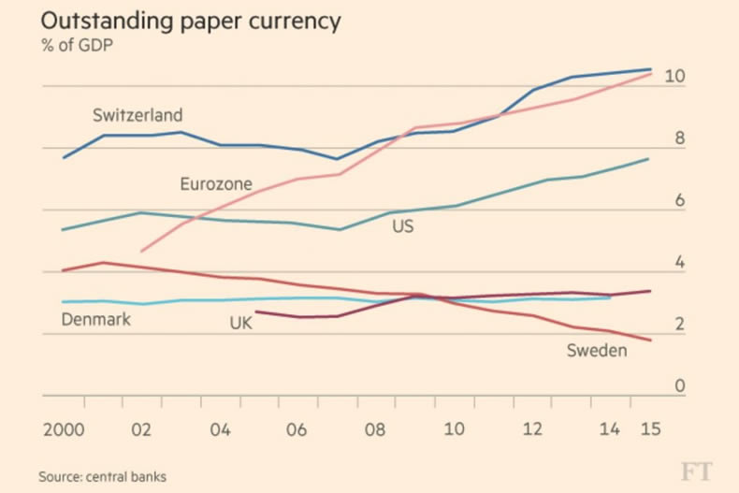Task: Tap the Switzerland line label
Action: pyautogui.click(x=138, y=116)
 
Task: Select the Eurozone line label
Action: pyautogui.click(x=216, y=184)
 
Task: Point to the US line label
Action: pyautogui.click(x=402, y=225)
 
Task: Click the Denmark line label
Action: pyautogui.click(x=95, y=320)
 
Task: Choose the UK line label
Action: pyautogui.click(x=240, y=324)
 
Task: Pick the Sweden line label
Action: pyautogui.click(x=597, y=350)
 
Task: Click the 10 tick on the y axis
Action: pyautogui.click(x=674, y=77)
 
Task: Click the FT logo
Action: pyautogui.click(x=693, y=470)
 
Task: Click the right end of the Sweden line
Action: pyautogui.click(x=650, y=340)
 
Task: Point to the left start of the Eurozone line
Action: pyautogui.click(x=141, y=251)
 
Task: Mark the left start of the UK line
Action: pyautogui.click(x=256, y=312)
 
